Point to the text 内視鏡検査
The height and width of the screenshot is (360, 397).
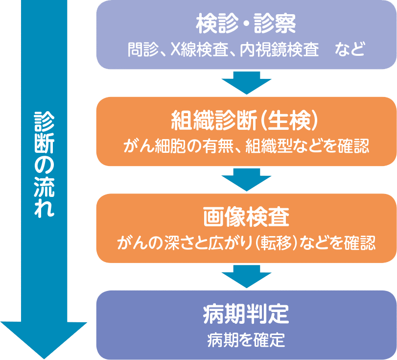[x=280, y=50]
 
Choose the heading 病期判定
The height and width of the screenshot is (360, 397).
[x=246, y=314]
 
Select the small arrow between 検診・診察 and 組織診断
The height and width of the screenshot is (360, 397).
[x=246, y=82]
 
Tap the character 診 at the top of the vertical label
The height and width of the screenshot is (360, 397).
[x=44, y=120]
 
